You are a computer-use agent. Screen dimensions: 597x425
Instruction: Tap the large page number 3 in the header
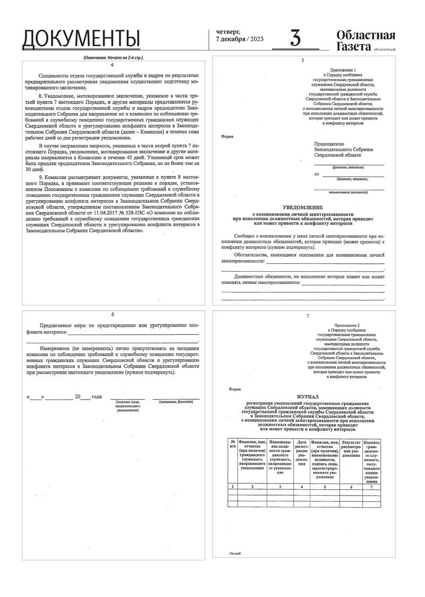click(295, 39)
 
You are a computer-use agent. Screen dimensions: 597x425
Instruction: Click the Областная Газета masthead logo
click(365, 40)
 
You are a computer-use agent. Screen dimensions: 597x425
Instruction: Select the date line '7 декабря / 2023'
click(240, 40)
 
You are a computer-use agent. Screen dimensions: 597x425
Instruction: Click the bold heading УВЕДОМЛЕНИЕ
click(302, 207)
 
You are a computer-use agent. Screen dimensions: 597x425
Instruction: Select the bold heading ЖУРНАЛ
click(308, 396)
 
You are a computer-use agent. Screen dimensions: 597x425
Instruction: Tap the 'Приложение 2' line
click(347, 324)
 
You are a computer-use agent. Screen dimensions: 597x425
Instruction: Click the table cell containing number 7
click(371, 486)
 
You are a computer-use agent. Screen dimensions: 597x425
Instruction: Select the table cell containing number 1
click(232, 486)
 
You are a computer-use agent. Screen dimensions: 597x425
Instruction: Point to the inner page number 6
click(112, 315)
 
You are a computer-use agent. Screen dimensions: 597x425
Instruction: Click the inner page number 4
click(112, 64)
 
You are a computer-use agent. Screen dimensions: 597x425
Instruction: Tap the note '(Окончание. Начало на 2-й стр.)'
click(114, 57)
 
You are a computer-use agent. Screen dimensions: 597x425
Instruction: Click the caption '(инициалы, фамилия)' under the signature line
click(176, 402)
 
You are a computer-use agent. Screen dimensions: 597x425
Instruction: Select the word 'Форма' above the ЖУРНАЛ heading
click(234, 389)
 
